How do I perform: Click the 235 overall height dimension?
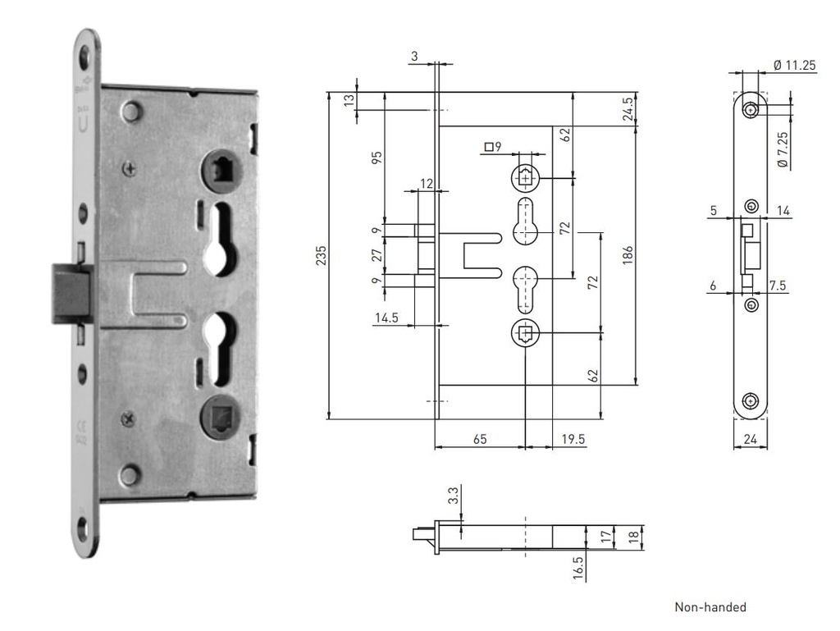[321, 255]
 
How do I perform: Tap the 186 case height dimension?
[628, 255]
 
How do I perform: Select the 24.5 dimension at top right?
[628, 109]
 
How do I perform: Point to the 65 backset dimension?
[480, 439]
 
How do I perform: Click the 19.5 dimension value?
[573, 439]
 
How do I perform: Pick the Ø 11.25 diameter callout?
[795, 66]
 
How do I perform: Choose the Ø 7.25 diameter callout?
[783, 149]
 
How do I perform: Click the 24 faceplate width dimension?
[751, 439]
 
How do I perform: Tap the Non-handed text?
[710, 607]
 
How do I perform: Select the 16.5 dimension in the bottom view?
[577, 568]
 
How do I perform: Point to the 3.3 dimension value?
[453, 496]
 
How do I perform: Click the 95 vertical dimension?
[377, 158]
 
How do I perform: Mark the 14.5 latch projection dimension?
[387, 318]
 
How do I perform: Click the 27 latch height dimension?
[377, 254]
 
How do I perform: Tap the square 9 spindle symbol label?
[493, 146]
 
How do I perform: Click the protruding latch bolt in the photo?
[72, 294]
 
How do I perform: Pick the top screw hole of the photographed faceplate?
[84, 56]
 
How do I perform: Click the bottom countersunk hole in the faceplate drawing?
[751, 401]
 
